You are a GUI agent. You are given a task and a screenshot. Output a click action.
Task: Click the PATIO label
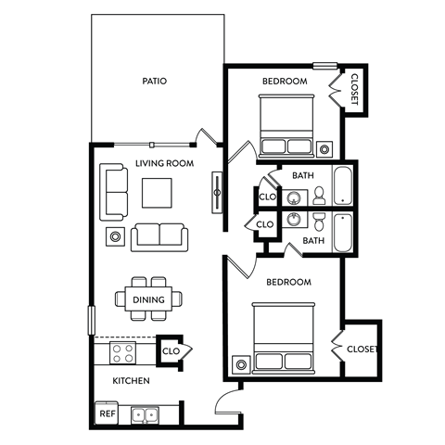click(x=155, y=81)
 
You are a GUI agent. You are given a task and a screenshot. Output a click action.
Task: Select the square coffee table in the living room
click(x=157, y=193)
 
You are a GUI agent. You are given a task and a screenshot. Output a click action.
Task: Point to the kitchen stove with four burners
click(x=124, y=352)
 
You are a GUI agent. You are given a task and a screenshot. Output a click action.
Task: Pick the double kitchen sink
click(x=144, y=415)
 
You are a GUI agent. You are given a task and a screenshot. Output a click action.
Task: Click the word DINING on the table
click(x=148, y=299)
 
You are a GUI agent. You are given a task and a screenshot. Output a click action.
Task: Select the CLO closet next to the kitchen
click(x=172, y=351)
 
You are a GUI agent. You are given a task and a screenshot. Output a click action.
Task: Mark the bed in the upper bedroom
click(x=286, y=128)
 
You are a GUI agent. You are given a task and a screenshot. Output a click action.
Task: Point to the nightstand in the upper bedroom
click(x=324, y=147)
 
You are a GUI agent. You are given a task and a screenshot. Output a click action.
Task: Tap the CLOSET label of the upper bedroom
click(x=354, y=89)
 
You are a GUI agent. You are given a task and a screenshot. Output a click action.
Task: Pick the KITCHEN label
click(x=131, y=381)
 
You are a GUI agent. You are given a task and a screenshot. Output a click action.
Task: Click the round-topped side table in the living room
click(x=115, y=236)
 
